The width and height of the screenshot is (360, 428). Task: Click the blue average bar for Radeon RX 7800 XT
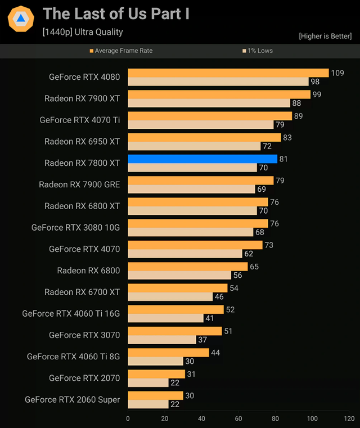tap(202, 159)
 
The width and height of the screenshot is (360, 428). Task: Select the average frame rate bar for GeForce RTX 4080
tap(228, 73)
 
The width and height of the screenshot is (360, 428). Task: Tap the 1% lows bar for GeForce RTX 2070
tap(148, 382)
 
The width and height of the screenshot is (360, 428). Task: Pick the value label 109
tap(337, 73)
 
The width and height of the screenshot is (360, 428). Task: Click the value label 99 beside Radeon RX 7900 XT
tap(317, 94)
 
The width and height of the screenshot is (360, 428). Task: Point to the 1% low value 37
tap(202, 340)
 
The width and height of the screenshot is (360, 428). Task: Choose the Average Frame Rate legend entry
tap(121, 51)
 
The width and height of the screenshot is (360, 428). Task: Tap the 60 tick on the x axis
tap(238, 418)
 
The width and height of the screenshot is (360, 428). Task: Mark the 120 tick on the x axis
tap(349, 418)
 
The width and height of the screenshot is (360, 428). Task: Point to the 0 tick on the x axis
tap(128, 418)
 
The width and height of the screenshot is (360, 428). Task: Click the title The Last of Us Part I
tap(116, 14)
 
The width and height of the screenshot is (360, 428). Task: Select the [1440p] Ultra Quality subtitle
tap(83, 32)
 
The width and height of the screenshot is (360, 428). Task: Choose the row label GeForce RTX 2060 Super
tap(73, 399)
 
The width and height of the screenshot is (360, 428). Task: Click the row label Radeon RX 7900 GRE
tap(79, 184)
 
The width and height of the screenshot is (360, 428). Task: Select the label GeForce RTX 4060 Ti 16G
tap(71, 313)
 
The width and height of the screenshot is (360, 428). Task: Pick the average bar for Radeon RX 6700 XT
tap(178, 288)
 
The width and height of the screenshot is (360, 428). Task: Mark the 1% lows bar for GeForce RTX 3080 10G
tap(191, 232)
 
